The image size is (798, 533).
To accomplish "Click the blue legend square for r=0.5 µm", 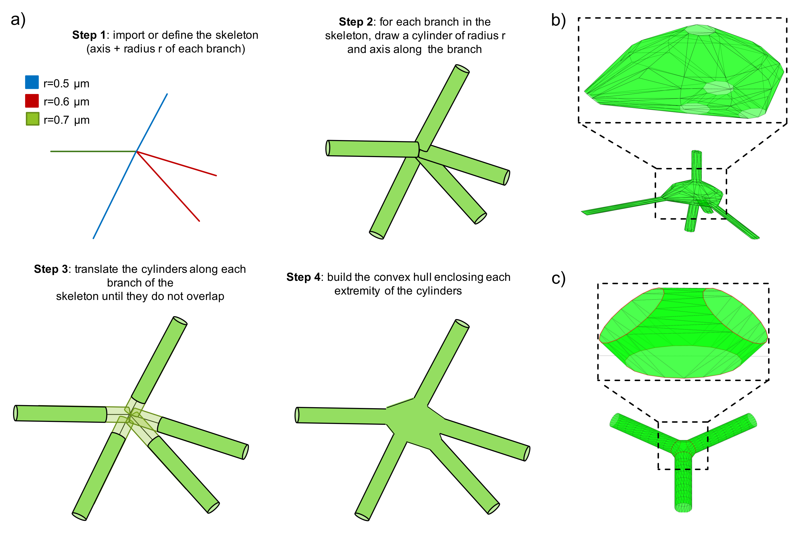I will pyautogui.click(x=32, y=82).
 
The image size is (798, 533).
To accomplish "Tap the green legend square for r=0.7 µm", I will pyautogui.click(x=32, y=119).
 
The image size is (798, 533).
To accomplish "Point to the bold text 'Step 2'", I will pyautogui.click(x=356, y=22).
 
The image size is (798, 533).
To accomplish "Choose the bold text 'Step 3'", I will pyautogui.click(x=51, y=269).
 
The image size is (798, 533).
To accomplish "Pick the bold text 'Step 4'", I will pyautogui.click(x=303, y=277).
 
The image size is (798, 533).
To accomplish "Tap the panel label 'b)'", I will pyautogui.click(x=558, y=20).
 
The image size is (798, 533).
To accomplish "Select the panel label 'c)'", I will pyautogui.click(x=558, y=278).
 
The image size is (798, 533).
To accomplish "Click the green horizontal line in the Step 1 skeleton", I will pyautogui.click(x=92, y=151).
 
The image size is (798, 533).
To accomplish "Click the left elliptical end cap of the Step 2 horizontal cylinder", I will pyautogui.click(x=328, y=148).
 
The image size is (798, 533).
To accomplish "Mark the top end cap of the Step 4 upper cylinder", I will pyautogui.click(x=462, y=323).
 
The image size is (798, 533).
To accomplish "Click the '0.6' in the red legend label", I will pyautogui.click(x=62, y=101).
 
